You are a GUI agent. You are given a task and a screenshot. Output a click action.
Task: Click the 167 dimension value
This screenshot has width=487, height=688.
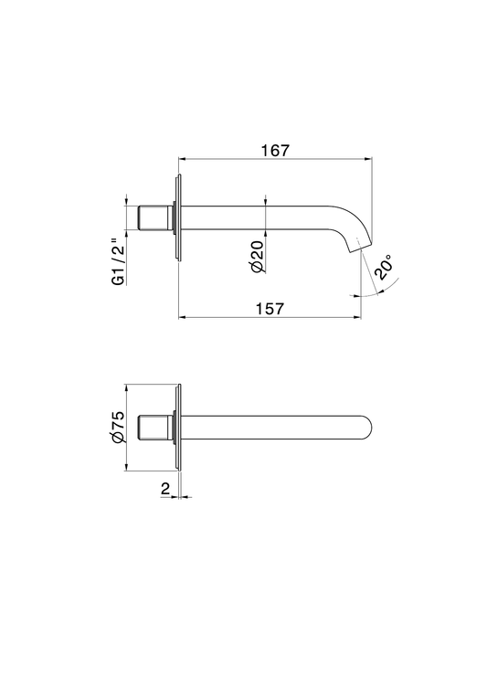(x=276, y=151)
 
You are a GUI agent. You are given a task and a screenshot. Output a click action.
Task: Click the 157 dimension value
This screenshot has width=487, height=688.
(x=270, y=309)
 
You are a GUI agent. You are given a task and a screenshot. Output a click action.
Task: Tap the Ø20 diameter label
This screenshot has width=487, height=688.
(x=258, y=257)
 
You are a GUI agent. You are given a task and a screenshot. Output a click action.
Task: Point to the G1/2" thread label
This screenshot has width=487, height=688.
(x=119, y=262)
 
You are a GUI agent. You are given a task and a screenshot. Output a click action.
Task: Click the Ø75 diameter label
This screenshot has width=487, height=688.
(x=119, y=427)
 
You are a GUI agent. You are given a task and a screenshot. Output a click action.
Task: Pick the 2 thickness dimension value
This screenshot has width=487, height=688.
(x=165, y=488)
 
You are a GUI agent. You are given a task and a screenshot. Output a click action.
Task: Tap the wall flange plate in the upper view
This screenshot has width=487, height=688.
(x=178, y=217)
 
